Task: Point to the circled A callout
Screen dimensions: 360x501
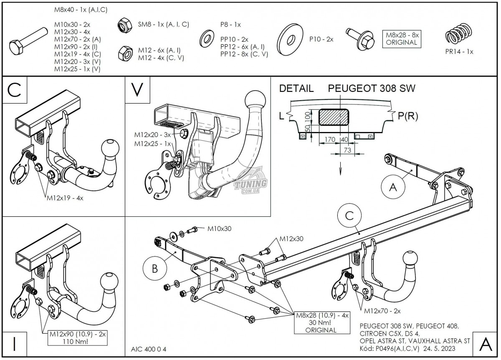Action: pos(392,188)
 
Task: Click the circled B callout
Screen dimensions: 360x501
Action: pos(154,269)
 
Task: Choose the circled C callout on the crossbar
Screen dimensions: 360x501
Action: pos(349,215)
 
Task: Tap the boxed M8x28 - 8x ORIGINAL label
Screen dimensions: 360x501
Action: pos(402,38)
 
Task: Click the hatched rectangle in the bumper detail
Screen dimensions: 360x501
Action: pos(334,117)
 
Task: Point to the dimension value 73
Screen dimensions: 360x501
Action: pos(347,150)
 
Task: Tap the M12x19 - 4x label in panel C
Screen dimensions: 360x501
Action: pos(65,198)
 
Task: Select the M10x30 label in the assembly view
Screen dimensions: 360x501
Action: pos(219,228)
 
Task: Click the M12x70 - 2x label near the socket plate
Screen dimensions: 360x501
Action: pos(382,311)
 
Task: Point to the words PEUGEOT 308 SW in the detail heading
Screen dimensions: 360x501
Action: pos(372,89)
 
